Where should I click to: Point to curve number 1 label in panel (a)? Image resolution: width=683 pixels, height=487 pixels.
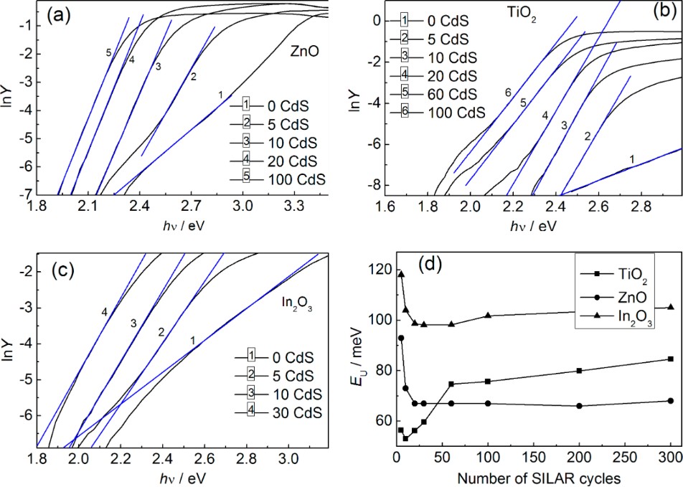click(220, 95)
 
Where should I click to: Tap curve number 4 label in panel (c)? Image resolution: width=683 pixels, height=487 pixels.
click(105, 312)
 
